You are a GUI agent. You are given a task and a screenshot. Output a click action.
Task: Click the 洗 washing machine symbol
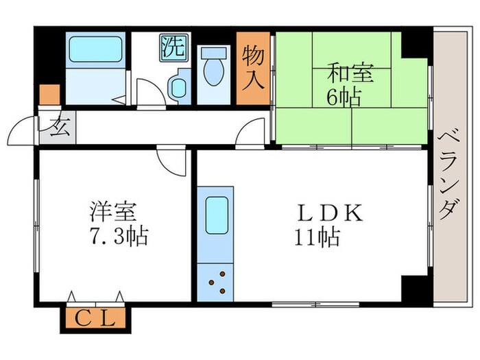click(x=173, y=47)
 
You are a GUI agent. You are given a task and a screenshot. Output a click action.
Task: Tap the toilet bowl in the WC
click(x=213, y=71)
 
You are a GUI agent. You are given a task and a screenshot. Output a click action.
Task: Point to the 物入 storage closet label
click(x=253, y=68)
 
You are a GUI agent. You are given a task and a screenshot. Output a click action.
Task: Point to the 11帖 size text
click(x=316, y=237)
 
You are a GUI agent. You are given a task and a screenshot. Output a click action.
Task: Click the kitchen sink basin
click(x=217, y=214)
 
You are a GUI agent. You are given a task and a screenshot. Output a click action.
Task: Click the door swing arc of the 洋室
click(x=169, y=162)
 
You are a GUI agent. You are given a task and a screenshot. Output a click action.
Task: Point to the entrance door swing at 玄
click(x=24, y=129)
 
